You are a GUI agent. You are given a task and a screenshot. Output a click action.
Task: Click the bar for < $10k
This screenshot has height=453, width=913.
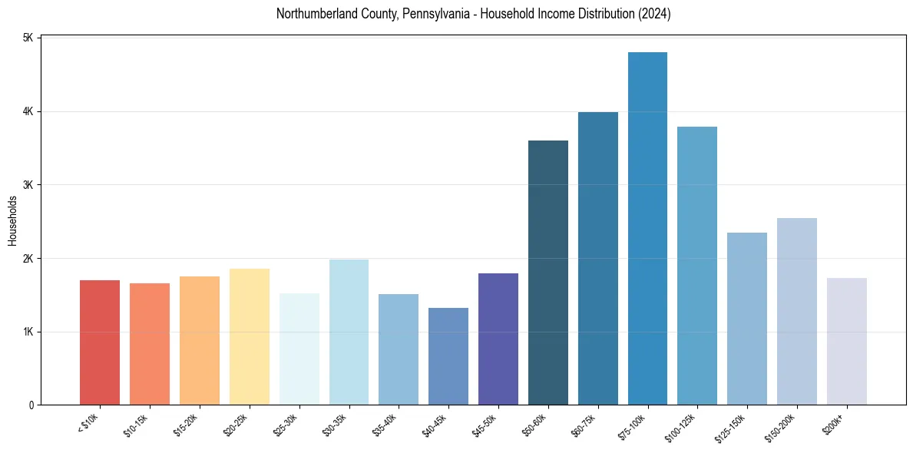100,342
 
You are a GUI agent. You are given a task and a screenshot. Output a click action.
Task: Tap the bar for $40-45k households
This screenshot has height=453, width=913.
448,356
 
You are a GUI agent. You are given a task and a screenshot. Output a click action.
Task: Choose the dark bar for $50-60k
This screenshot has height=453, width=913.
548,273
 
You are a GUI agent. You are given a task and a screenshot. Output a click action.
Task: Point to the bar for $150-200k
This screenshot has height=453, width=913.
797,311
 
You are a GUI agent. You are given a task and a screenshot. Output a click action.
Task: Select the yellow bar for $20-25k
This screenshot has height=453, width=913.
250,336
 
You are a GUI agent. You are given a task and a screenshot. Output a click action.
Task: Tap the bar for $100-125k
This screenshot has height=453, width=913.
697,266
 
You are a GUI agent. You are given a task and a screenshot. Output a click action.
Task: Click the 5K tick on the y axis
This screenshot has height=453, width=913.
28,38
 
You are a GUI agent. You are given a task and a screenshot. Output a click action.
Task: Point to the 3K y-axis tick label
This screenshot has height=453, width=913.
28,185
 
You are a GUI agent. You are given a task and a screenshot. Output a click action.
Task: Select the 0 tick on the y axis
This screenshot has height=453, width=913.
31,405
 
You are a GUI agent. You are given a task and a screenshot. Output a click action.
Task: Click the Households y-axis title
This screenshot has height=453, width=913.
13,220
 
